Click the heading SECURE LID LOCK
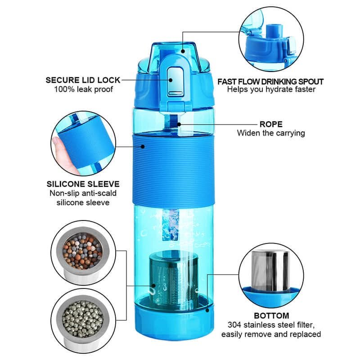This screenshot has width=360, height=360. (x=83, y=80)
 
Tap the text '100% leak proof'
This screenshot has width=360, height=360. (x=83, y=90)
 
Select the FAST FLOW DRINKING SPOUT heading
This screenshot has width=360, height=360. (x=270, y=81)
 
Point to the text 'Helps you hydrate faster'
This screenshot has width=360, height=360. (x=270, y=90)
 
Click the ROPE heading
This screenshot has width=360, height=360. (x=271, y=124)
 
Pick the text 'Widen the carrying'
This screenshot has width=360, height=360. (x=271, y=133)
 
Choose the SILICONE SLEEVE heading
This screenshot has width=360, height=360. (x=83, y=184)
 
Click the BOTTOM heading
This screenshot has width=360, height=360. (x=271, y=315)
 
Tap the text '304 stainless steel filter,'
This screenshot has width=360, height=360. (x=271, y=325)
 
